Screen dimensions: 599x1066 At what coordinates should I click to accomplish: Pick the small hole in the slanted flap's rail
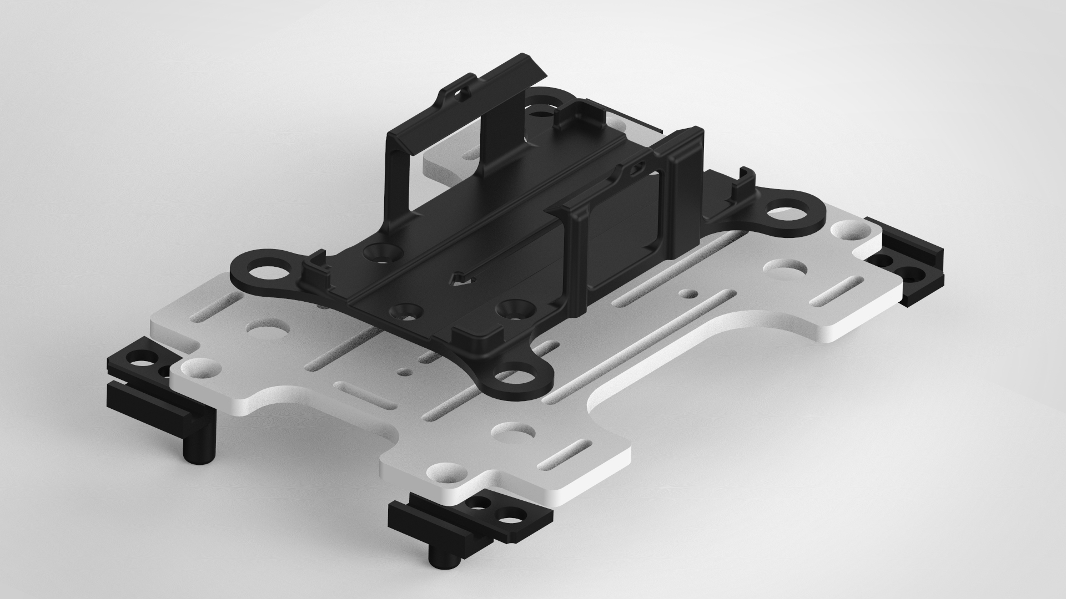(457, 94)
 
